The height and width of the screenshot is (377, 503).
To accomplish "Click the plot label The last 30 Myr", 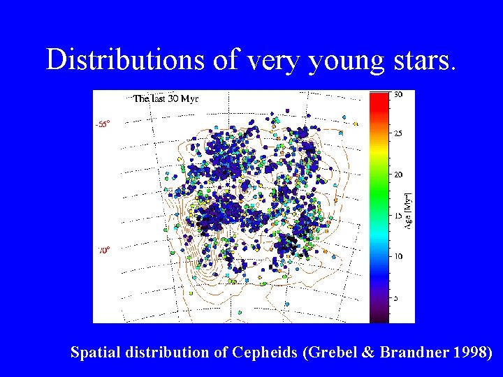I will tap(166, 98).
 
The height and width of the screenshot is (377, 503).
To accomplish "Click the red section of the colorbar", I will tap(379, 105).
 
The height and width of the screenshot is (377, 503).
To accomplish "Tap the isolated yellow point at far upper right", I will tap(355, 124).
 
